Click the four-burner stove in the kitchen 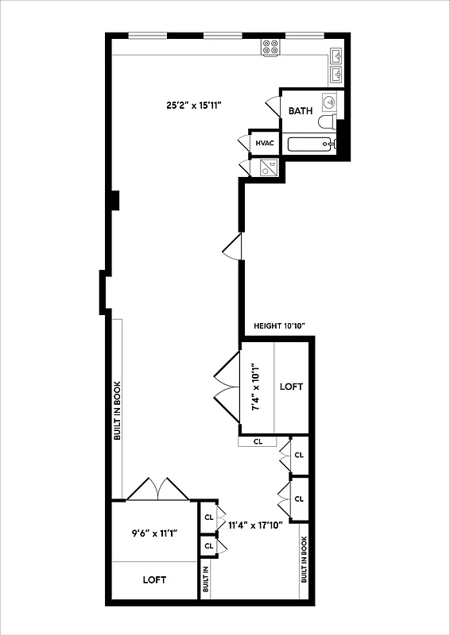click(x=270, y=47)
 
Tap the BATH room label click(x=301, y=111)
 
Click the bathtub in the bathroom click(x=311, y=144)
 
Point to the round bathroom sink click(x=329, y=101)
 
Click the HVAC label click(x=264, y=143)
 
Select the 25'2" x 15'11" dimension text click(x=193, y=104)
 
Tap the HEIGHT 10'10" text click(x=279, y=326)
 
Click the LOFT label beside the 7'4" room click(x=292, y=387)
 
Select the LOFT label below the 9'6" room click(x=154, y=580)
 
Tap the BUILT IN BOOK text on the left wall click(x=117, y=409)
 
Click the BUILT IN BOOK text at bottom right click(x=304, y=560)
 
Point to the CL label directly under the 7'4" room click(x=258, y=441)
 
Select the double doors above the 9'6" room click(x=159, y=489)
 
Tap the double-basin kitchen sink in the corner click(x=336, y=65)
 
